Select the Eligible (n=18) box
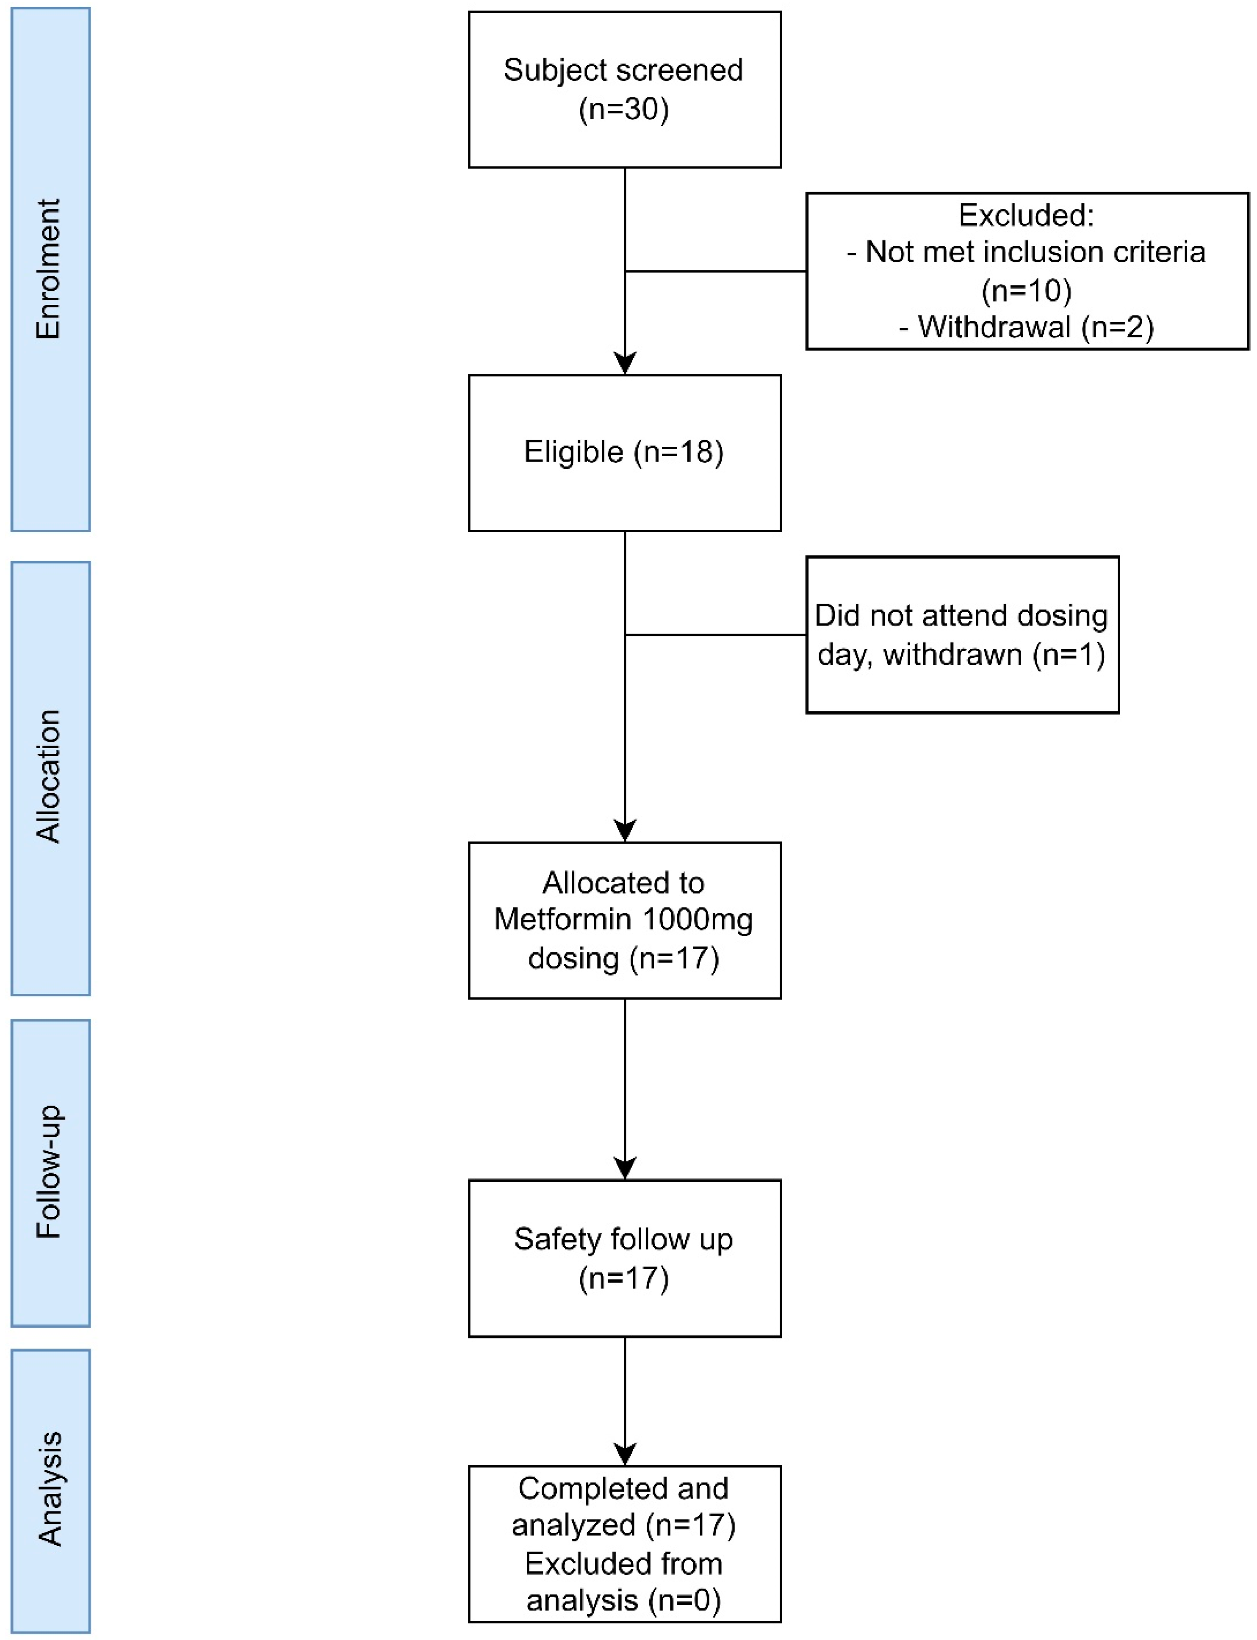(624, 453)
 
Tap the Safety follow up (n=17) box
(624, 1258)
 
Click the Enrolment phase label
(50, 269)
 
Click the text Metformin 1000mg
(623, 919)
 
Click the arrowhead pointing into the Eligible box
(625, 364)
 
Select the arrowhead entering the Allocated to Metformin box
(625, 830)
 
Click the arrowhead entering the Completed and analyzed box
(625, 1454)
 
